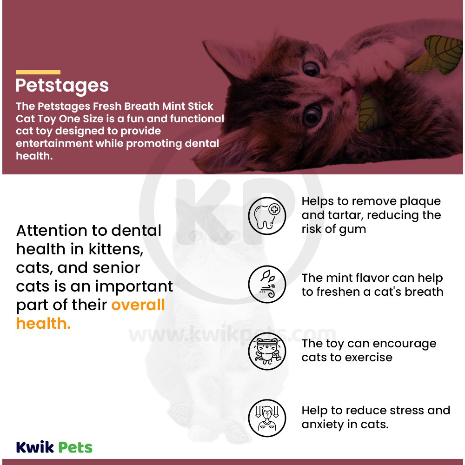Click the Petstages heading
click(x=62, y=86)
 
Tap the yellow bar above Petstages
click(x=38, y=72)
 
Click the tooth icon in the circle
click(x=266, y=215)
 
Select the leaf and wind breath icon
click(x=266, y=285)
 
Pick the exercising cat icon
click(x=266, y=351)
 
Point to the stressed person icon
click(x=266, y=417)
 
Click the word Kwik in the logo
click(x=35, y=447)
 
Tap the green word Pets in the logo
click(x=75, y=447)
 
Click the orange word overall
click(x=138, y=305)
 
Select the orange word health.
click(x=43, y=324)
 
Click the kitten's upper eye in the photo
click(x=311, y=68)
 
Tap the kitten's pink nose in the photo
click(x=346, y=84)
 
